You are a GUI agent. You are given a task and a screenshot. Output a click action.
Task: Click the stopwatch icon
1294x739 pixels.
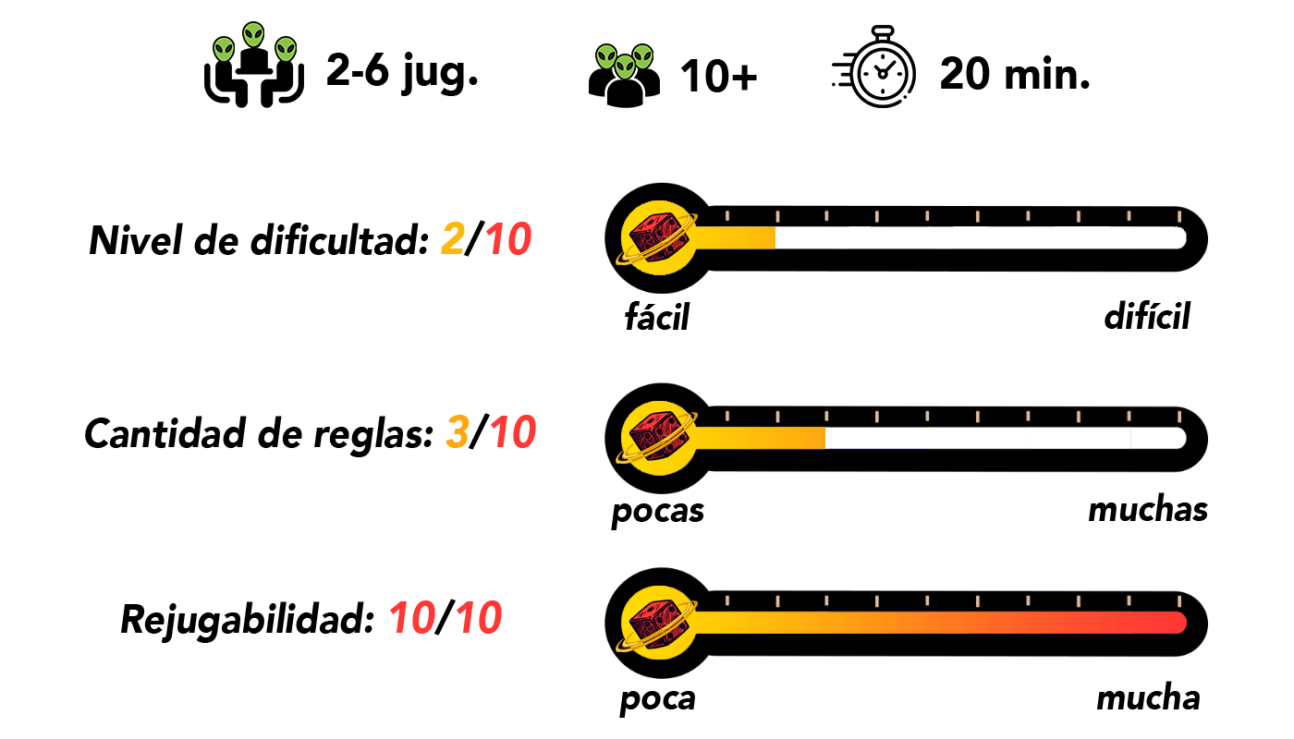pos(874,67)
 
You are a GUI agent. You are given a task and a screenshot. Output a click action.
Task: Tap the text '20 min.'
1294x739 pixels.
pos(1015,74)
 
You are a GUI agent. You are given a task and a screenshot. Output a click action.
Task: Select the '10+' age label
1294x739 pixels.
pos(719,76)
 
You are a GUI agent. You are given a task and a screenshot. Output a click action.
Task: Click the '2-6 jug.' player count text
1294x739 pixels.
pos(402,72)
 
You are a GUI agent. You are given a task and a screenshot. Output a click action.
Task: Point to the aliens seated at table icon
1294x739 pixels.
pos(253,65)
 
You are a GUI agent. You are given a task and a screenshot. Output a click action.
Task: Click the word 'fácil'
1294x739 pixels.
pos(657,316)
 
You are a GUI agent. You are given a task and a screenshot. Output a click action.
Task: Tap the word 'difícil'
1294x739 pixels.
pos(1147,315)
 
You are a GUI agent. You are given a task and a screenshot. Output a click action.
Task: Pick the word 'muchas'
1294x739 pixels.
pos(1148,509)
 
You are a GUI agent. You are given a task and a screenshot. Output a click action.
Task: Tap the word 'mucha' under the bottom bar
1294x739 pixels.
pos(1148,697)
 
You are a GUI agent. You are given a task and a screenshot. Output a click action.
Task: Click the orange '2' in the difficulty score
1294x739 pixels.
pos(452,239)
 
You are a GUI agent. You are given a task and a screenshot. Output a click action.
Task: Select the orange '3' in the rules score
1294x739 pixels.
pos(457,432)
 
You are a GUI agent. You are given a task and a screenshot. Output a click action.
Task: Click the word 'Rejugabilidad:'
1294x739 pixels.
pos(249,620)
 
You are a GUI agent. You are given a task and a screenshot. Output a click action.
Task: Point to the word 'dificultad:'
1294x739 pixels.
pos(340,240)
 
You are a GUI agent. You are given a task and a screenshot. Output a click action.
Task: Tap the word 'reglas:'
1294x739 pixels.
pos(373,435)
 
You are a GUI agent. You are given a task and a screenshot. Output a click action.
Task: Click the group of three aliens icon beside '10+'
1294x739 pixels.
pos(625,76)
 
